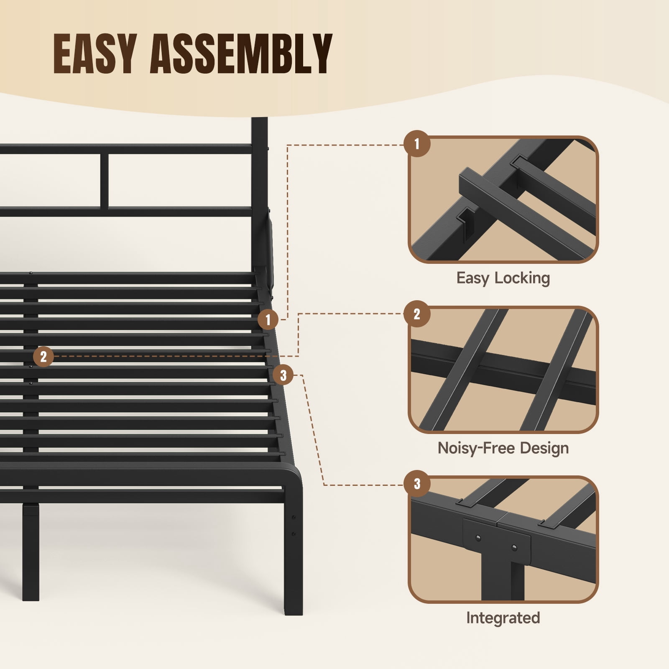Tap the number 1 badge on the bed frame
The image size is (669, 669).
(x=268, y=320)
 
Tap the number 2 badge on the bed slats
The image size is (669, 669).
(x=43, y=357)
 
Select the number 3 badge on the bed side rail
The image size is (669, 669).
(x=283, y=375)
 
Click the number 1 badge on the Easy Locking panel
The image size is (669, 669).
(x=417, y=144)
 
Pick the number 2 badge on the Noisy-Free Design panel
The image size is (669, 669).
(x=417, y=314)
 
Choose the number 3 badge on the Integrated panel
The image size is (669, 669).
(x=417, y=484)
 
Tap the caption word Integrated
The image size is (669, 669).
(x=503, y=618)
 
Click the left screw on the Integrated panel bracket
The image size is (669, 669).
(x=479, y=538)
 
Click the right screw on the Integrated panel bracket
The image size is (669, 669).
(x=514, y=547)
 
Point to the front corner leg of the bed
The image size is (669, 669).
(x=293, y=552)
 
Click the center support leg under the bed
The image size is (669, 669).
(x=31, y=552)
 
